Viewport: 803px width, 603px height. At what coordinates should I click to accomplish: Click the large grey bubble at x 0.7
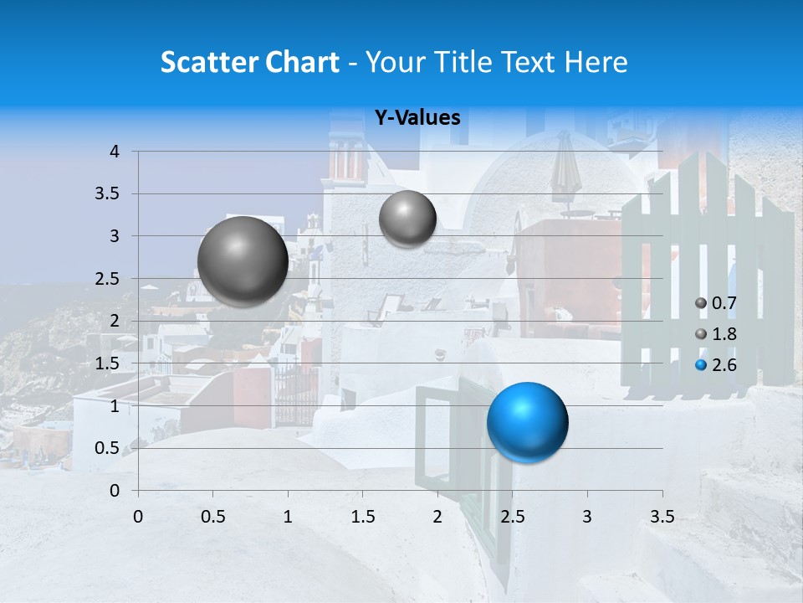click(x=243, y=261)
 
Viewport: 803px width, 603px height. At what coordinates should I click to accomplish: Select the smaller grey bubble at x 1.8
click(x=407, y=219)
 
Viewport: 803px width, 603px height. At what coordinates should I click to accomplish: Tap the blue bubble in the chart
click(x=527, y=422)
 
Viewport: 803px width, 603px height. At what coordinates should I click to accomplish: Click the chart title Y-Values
click(x=417, y=118)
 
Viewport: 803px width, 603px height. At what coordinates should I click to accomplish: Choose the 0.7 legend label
click(x=724, y=303)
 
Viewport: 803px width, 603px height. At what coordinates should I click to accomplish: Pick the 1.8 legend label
click(x=724, y=334)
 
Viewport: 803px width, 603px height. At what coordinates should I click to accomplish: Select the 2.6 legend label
click(x=724, y=365)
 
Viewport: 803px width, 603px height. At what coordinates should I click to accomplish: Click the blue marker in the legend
click(x=701, y=365)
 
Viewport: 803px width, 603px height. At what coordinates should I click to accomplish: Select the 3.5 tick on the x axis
click(x=662, y=516)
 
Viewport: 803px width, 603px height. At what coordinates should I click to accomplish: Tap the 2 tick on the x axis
click(x=437, y=516)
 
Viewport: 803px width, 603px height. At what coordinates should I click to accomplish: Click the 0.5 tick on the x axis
click(x=213, y=516)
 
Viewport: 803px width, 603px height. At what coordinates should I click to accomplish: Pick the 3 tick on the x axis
click(x=587, y=516)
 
